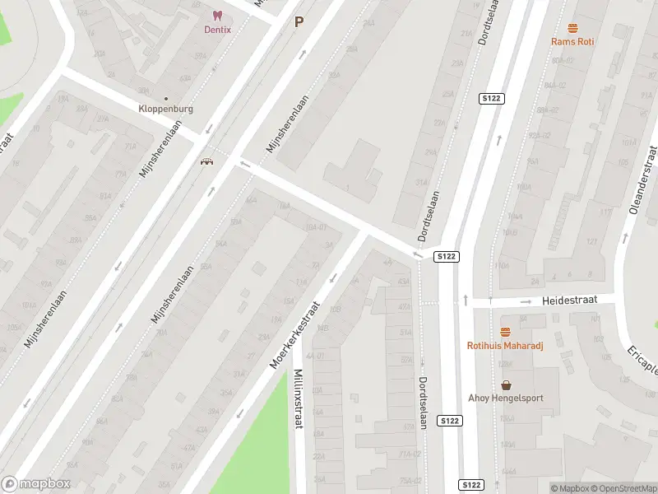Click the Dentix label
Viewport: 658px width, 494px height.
point(218,30)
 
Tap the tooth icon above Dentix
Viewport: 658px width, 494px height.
point(218,16)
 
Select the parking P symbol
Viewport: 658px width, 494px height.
point(299,22)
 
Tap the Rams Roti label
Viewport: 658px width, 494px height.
point(572,41)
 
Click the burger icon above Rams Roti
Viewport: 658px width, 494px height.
point(572,28)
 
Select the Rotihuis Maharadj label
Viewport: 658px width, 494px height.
point(505,345)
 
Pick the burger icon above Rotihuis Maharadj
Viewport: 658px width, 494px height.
point(505,332)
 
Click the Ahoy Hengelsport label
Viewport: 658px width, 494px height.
point(506,398)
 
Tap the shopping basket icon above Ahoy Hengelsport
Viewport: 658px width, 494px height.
point(506,384)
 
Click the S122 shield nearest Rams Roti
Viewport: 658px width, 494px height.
point(491,99)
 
